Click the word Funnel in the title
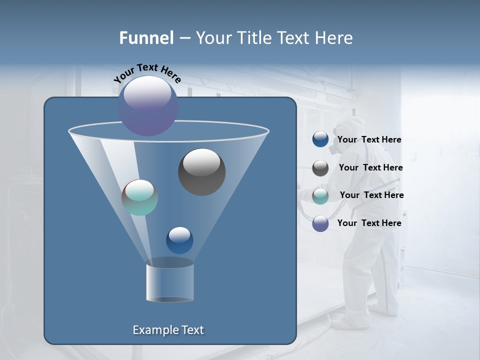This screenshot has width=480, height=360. coord(146,38)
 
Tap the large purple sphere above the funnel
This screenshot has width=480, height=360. coord(148,106)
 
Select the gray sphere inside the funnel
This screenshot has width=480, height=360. coord(202,172)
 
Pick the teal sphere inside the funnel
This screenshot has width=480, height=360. coord(140,197)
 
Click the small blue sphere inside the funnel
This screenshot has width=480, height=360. coord(179,240)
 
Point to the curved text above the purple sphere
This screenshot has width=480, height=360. coord(147,73)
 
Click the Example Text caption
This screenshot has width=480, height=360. coord(168,330)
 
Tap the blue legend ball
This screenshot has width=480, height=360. coord(320,139)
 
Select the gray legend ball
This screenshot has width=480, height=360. coord(320,168)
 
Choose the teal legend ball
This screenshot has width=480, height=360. coord(320,196)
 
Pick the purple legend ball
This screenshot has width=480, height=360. coord(320,223)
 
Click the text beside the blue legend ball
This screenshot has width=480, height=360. coord(369,140)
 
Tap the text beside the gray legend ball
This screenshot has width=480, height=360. coord(370,168)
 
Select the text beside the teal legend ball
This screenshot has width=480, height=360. coord(371,195)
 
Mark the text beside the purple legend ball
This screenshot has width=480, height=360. coord(369,223)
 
